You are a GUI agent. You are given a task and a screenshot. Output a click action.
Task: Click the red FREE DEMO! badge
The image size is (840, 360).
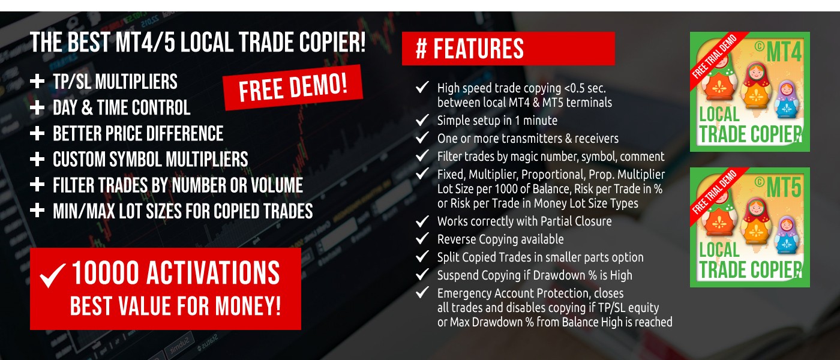tap(293, 88)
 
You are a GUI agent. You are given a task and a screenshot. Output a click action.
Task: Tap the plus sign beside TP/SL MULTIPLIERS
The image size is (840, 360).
tap(37, 82)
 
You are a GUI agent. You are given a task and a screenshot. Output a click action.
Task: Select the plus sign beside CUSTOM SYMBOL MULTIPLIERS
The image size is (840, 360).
tap(37, 159)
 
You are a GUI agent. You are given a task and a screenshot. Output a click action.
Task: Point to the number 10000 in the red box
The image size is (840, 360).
tap(106, 272)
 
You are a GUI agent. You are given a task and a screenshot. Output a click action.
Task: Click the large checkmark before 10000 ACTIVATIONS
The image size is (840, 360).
tap(53, 275)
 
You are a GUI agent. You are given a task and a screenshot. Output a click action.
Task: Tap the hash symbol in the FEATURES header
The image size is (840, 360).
tap(421, 49)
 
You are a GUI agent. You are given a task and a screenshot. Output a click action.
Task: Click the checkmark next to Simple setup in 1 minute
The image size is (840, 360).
tap(422, 120)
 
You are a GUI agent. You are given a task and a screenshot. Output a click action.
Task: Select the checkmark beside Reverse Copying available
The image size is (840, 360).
tap(422, 239)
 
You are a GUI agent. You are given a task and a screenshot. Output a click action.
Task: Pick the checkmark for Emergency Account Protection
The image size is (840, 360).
tap(422, 292)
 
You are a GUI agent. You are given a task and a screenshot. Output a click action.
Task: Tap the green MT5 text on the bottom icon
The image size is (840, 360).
tap(784, 187)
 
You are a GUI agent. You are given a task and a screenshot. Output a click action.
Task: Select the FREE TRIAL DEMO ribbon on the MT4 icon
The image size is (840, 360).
tap(715, 56)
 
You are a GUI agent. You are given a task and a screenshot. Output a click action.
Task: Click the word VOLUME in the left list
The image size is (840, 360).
tap(277, 185)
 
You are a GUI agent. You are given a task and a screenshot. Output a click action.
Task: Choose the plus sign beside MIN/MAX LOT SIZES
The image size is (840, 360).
tap(37, 211)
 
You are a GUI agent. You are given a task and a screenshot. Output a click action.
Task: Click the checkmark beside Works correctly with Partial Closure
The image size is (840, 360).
tap(422, 221)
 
